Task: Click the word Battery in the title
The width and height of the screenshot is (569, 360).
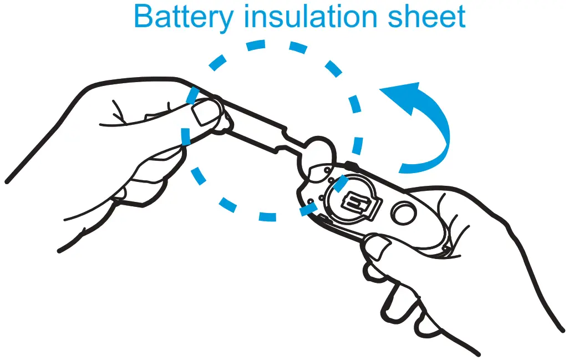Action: (x=184, y=17)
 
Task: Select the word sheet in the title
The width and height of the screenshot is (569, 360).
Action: (x=430, y=17)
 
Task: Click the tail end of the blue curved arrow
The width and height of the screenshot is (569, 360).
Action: (x=408, y=166)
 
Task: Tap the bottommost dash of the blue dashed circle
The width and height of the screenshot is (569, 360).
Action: (x=267, y=216)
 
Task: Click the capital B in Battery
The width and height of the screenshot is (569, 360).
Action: (x=143, y=17)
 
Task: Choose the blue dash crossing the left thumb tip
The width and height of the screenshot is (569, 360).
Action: (x=191, y=95)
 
